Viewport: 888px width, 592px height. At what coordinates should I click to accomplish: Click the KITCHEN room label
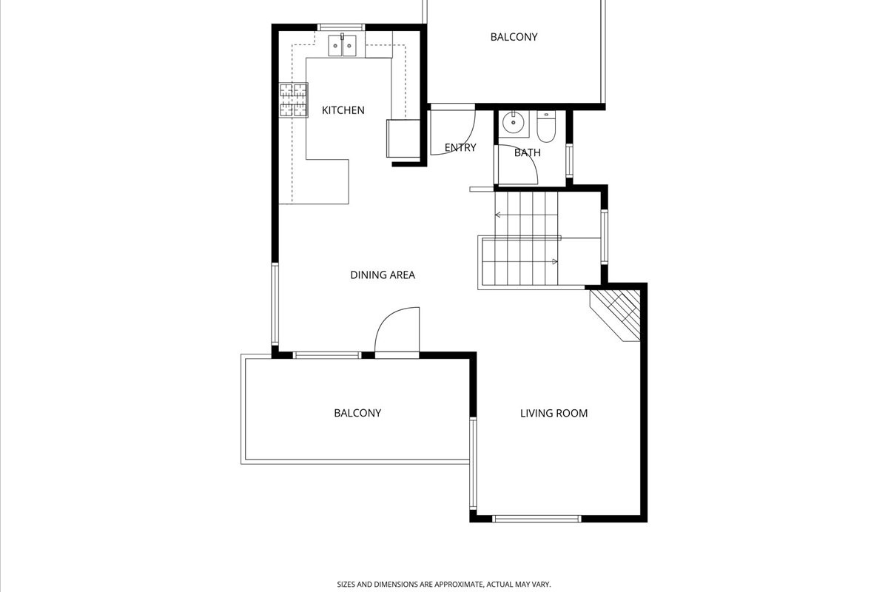[343, 110]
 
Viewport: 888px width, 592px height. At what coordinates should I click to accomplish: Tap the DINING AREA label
[383, 275]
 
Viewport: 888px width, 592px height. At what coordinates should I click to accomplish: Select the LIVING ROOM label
[554, 413]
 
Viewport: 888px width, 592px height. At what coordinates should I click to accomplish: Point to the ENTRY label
[460, 147]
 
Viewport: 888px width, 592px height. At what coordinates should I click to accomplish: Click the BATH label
[527, 152]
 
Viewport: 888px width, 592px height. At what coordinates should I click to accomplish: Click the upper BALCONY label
[514, 37]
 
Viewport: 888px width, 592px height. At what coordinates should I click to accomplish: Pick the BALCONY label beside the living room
[357, 413]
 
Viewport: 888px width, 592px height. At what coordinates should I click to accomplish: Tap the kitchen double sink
[342, 46]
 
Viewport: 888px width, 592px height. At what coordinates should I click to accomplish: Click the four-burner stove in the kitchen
[294, 100]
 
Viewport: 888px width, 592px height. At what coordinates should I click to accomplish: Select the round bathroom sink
[514, 122]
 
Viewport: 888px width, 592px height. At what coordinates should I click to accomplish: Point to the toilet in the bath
[546, 126]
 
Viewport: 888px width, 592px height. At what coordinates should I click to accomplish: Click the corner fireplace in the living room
[615, 315]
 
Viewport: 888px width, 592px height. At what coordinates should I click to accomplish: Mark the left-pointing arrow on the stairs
[499, 215]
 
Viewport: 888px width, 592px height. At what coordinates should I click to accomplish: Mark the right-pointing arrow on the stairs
[554, 262]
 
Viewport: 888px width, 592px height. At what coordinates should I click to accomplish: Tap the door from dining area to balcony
[397, 332]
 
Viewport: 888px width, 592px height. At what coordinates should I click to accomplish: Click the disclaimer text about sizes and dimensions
[444, 584]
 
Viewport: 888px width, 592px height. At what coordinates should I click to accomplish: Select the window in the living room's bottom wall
[536, 519]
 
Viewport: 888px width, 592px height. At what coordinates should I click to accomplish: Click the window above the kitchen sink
[341, 27]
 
